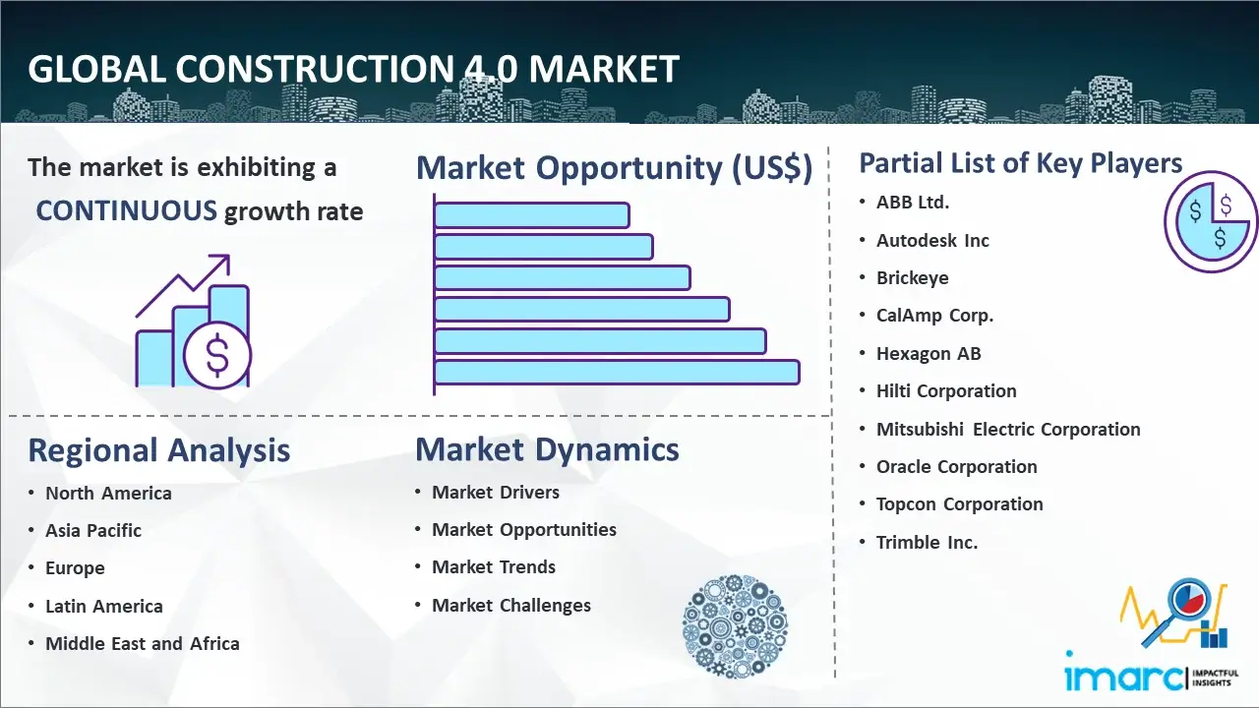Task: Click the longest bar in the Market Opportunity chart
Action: [x=617, y=372]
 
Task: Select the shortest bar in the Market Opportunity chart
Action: [x=532, y=215]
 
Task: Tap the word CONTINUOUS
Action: [x=127, y=211]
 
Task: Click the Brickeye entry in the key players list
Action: [x=912, y=277]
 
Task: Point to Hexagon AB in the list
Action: [x=929, y=353]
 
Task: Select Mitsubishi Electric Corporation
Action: [x=1008, y=430]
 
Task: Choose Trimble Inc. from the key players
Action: [x=927, y=542]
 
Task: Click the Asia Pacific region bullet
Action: [x=93, y=530]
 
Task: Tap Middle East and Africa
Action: [x=143, y=643]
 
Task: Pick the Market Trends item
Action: [x=494, y=567]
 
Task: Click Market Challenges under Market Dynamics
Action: [x=510, y=605]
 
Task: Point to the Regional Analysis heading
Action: [x=159, y=450]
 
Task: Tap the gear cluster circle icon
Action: [x=735, y=626]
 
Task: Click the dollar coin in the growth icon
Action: [x=217, y=355]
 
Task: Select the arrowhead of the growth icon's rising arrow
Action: [x=222, y=263]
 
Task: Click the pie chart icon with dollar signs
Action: [x=1211, y=222]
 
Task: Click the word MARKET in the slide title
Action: [x=604, y=70]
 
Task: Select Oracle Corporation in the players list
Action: [x=957, y=467]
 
